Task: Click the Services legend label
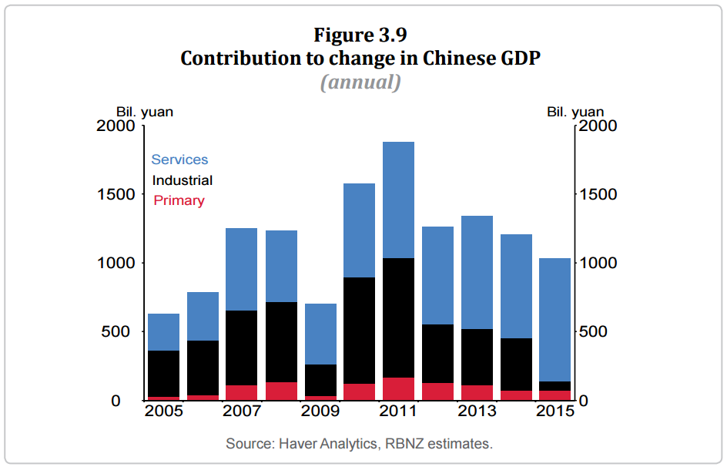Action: (x=179, y=160)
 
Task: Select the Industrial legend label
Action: (x=183, y=180)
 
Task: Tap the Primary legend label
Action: (x=179, y=200)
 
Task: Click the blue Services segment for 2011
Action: (x=398, y=200)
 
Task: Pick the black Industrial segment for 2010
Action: (x=359, y=330)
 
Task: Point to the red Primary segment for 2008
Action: (x=280, y=391)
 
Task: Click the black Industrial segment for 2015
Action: (x=554, y=386)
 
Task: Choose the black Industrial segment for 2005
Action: (x=163, y=374)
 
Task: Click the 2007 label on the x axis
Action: (x=241, y=411)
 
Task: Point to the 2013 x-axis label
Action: (x=477, y=411)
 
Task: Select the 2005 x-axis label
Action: (x=163, y=411)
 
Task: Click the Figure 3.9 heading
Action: (x=360, y=35)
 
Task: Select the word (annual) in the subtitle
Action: (x=360, y=82)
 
